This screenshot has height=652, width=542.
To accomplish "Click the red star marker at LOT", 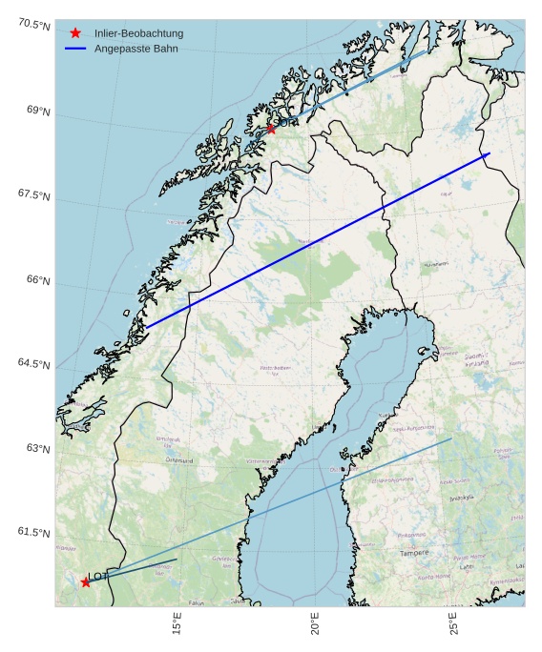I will pos(86,582).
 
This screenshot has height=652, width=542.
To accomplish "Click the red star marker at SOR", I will pos(271,129).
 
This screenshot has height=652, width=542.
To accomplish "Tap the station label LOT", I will pos(98,577).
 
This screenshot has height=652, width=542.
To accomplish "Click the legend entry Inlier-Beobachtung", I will pos(138,33).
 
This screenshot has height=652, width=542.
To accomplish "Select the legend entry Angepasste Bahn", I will pos(135,48).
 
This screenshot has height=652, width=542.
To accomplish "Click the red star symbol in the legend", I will pos(75,33).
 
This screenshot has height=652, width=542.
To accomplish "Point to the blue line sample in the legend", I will pos(75,48).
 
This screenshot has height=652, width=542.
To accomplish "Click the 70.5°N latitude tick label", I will pos(33,25).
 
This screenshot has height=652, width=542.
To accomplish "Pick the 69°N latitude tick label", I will pos(39,112).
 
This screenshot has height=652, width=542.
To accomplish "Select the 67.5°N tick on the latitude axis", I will pos(33,195).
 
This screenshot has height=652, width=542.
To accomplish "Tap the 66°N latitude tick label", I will pos(39,280).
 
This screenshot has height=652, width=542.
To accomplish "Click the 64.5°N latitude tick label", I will pos(33,364).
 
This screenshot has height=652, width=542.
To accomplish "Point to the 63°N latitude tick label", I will pos(39,448).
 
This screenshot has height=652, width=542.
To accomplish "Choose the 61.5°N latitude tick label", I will pos(33,532).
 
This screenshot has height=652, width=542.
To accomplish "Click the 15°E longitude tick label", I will pos(177,624).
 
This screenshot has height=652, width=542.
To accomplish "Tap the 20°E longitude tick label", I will pos(315,624).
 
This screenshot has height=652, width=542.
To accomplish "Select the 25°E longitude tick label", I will pos(454,624).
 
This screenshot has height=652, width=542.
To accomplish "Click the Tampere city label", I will pos(414,553).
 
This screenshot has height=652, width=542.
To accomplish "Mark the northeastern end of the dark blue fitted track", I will pos(489,153).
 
